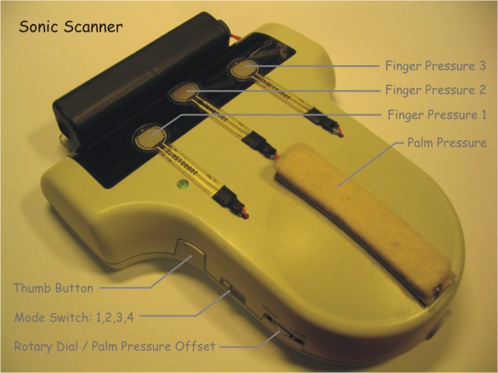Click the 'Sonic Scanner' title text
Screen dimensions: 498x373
tap(71, 26)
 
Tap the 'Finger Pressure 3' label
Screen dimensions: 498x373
tap(436, 65)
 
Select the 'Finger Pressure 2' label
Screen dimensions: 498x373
tap(436, 90)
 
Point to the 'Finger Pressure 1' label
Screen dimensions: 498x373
tap(437, 114)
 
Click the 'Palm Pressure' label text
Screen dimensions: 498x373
tap(447, 142)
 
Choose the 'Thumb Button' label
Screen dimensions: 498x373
tap(54, 288)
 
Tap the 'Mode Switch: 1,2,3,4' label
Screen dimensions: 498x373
tap(75, 317)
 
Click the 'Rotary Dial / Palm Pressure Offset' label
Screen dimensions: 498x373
tap(114, 346)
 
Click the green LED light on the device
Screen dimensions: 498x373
tap(183, 183)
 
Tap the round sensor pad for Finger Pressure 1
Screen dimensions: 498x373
tap(150, 138)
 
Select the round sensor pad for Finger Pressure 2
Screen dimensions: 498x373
tap(184, 92)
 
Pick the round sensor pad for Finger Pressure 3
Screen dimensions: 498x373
tap(243, 68)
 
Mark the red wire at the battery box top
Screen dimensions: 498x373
tap(235, 37)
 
